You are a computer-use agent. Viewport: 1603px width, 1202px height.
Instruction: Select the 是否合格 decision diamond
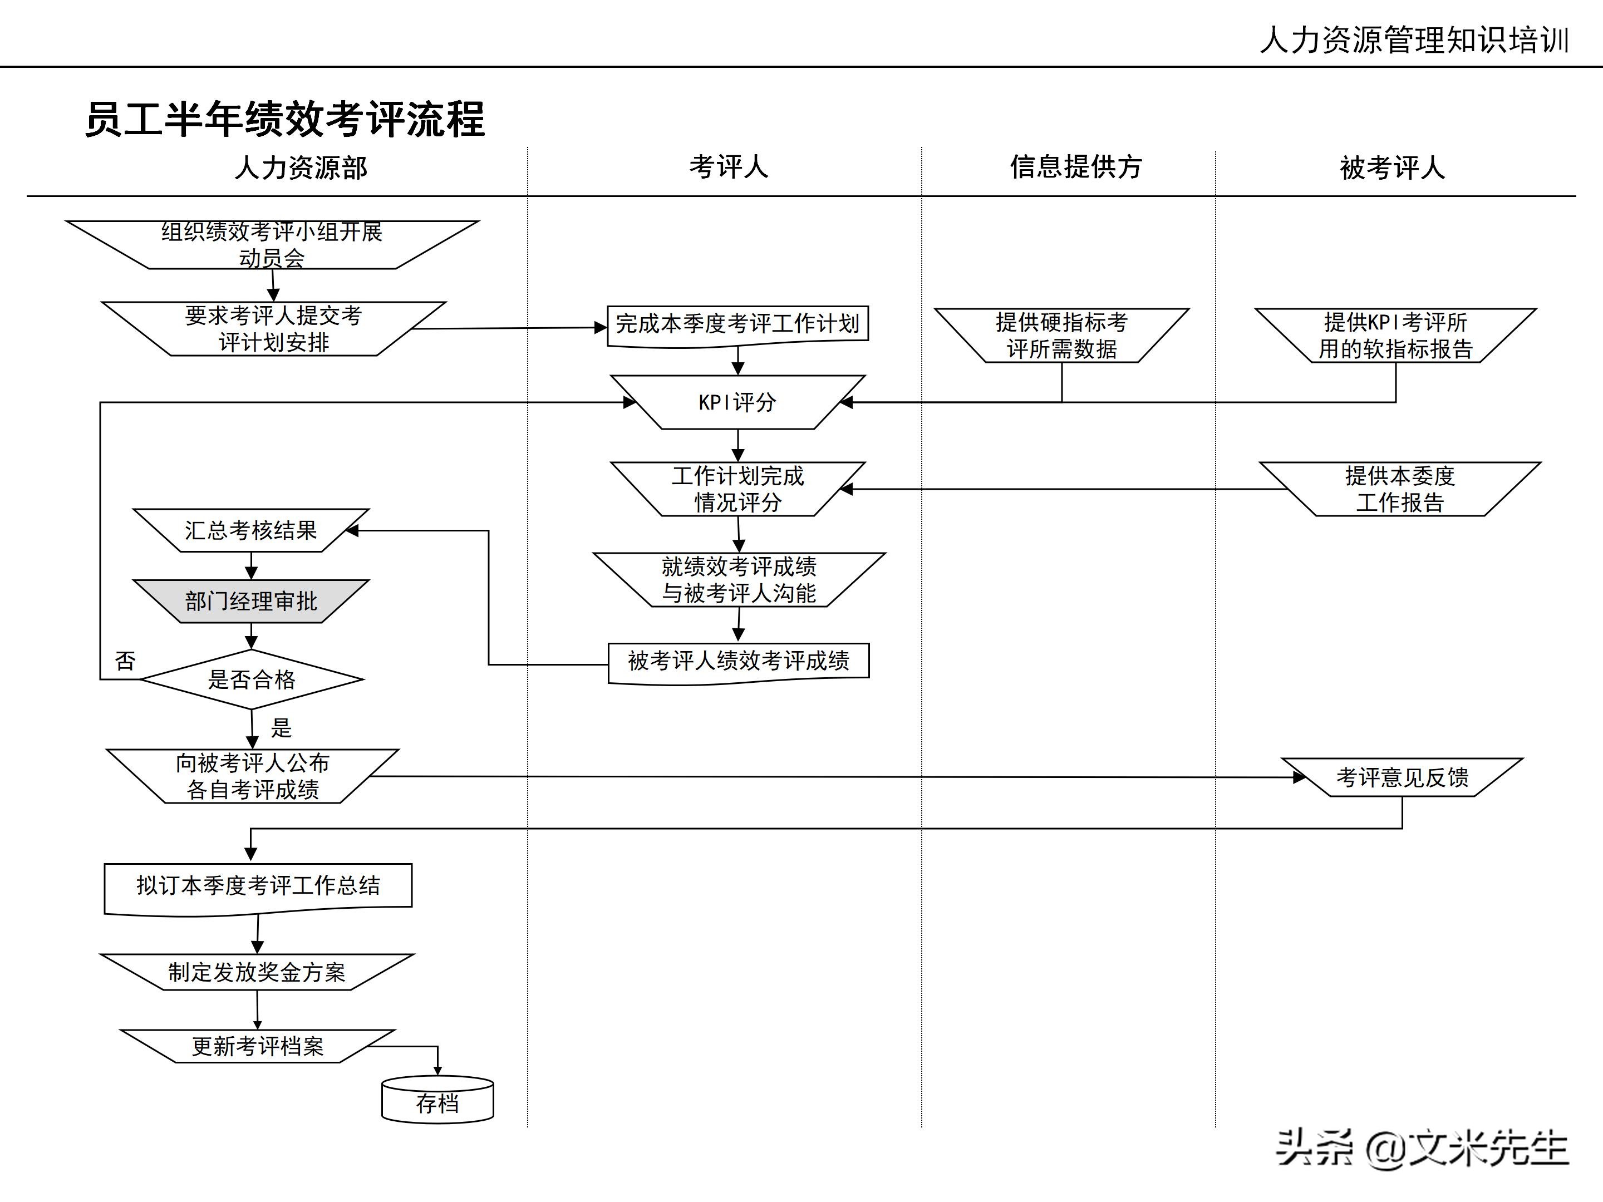tap(252, 679)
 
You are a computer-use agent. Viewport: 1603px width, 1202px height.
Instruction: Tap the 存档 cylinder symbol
tap(437, 1101)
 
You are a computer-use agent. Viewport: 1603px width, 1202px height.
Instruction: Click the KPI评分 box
tap(737, 402)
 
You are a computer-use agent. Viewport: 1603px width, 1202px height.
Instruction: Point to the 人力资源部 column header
tap(301, 168)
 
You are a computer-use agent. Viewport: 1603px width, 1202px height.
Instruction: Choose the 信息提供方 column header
tap(1076, 168)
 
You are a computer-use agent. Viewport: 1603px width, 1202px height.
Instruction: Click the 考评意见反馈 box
tap(1402, 777)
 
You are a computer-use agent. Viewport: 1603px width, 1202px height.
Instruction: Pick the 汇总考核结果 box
tap(250, 530)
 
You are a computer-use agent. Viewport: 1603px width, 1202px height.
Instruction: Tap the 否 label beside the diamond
tap(125, 660)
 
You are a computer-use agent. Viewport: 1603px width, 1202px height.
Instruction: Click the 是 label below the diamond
tap(281, 727)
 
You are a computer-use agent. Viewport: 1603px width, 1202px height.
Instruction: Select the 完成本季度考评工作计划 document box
tap(737, 324)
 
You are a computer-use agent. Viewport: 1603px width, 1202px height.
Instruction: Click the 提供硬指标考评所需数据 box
tap(1061, 336)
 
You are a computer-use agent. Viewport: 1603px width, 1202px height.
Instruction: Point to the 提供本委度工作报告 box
tap(1400, 489)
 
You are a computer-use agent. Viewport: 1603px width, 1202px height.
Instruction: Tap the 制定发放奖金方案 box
tap(257, 972)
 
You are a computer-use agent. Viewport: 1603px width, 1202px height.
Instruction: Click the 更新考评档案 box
tap(257, 1046)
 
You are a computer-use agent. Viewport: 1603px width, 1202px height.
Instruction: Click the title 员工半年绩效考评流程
tap(285, 119)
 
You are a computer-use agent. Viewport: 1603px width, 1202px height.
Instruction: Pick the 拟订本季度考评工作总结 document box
tap(258, 886)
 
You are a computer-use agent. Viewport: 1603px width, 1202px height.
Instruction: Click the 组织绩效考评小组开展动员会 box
tap(272, 245)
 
